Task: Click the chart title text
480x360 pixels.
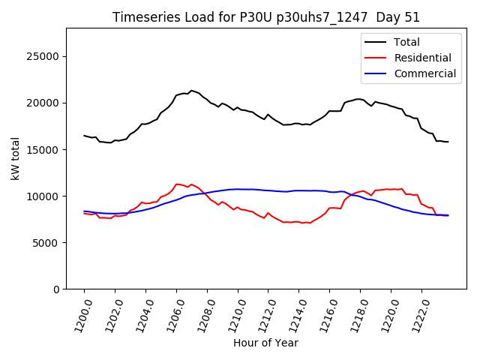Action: pyautogui.click(x=266, y=17)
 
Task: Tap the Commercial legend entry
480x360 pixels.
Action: pyautogui.click(x=424, y=73)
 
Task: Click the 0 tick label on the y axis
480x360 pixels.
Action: pyautogui.click(x=56, y=289)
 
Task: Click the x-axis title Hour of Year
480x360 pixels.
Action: pyautogui.click(x=265, y=343)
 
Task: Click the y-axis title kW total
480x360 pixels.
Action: pyautogui.click(x=15, y=158)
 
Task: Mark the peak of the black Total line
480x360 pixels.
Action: pyautogui.click(x=191, y=91)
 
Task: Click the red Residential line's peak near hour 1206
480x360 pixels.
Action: pyautogui.click(x=177, y=184)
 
